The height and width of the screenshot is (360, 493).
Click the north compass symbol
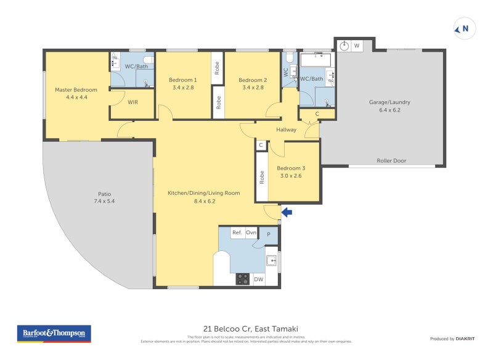pos(462,28)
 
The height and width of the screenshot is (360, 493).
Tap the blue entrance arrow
pos(287,213)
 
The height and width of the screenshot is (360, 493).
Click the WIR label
pos(132,102)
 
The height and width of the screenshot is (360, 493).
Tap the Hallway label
pos(286,130)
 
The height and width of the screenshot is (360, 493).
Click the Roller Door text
pos(391,161)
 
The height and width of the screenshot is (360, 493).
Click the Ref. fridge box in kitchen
pos(237,233)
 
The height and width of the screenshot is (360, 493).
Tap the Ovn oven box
pos(251,233)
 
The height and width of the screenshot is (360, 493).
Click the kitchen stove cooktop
pos(243,279)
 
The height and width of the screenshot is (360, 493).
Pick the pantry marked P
pos(268,234)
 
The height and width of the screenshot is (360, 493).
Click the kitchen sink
pos(272,261)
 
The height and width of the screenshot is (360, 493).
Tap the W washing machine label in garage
pos(357,46)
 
